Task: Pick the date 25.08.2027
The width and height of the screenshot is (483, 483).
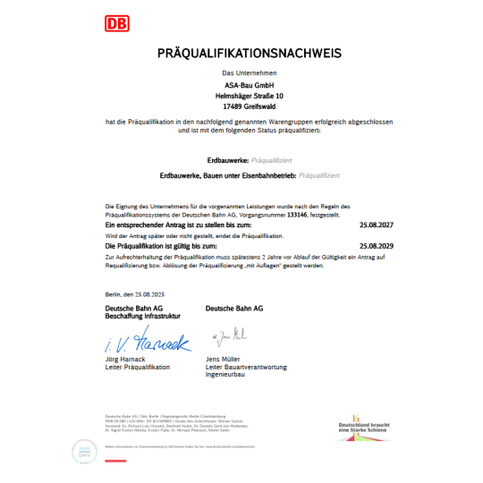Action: [x=376, y=225]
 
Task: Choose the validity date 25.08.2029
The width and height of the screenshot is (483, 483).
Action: [x=376, y=244]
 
